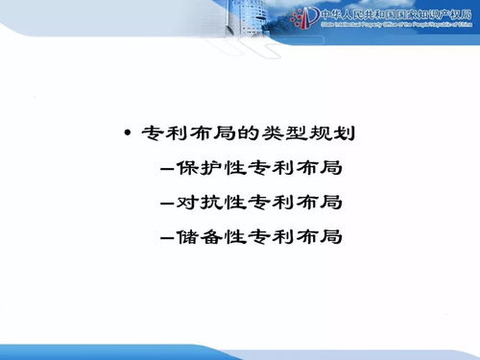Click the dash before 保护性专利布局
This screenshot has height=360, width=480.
point(170,169)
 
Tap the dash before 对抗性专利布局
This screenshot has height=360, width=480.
point(170,204)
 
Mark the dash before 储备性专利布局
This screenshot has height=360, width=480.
point(170,237)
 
